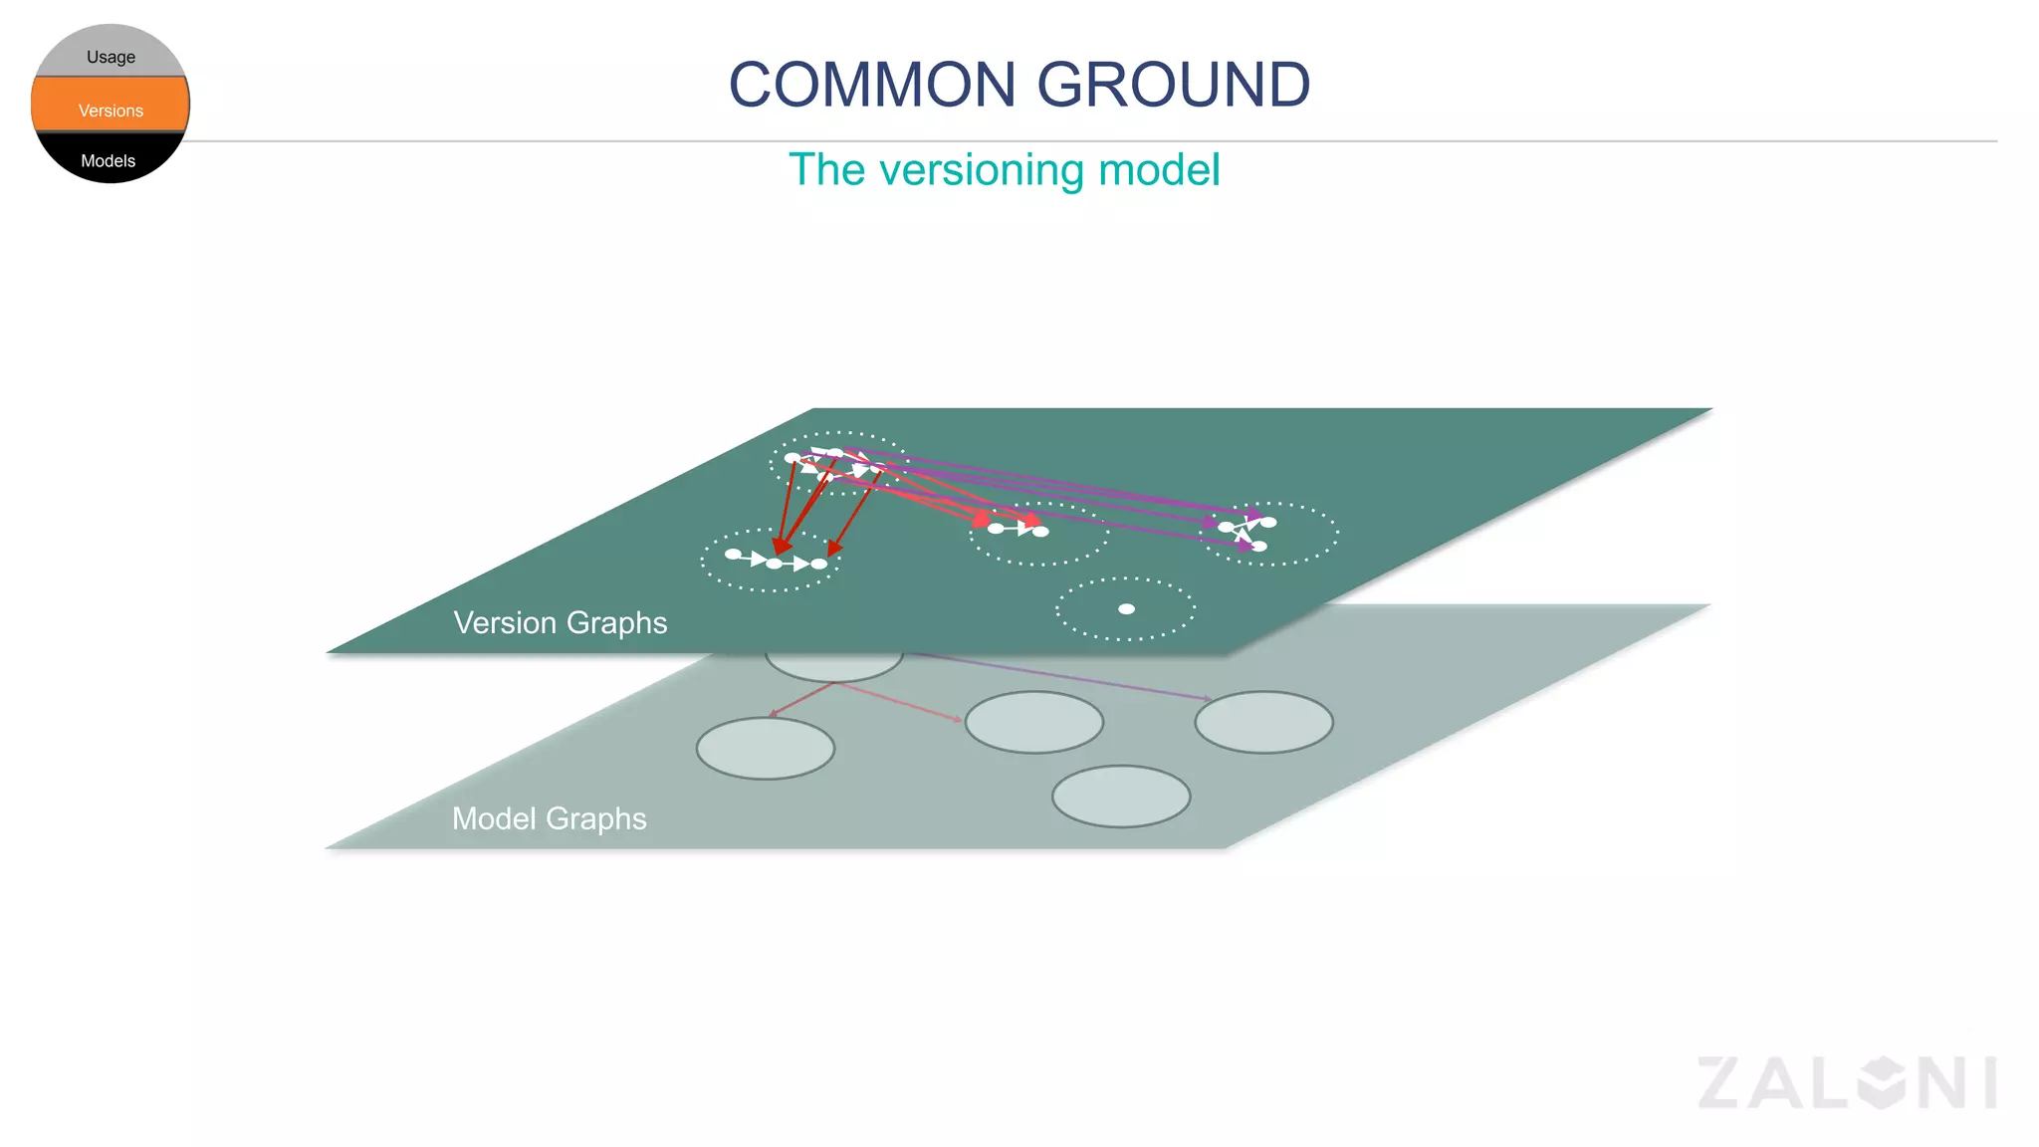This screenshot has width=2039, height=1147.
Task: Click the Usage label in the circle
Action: tap(111, 57)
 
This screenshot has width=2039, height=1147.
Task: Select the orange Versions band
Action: tap(111, 106)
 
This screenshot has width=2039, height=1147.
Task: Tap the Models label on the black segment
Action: tap(108, 161)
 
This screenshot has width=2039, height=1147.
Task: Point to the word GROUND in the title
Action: tap(1174, 85)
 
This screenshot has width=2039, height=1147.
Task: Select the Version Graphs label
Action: tap(560, 622)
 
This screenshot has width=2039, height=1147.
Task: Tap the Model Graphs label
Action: tap(549, 818)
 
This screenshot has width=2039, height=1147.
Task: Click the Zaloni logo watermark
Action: tap(1847, 1082)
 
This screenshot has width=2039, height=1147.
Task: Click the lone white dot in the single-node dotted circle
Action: tap(1126, 609)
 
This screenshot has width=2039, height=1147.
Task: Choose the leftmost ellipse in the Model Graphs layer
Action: tap(765, 748)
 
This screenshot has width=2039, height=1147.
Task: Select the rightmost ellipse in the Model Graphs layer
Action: tap(1263, 722)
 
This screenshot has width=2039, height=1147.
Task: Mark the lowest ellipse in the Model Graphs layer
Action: tap(1121, 796)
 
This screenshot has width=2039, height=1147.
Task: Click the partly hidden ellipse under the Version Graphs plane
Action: tap(834, 666)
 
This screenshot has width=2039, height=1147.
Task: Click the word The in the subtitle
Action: tap(826, 170)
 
